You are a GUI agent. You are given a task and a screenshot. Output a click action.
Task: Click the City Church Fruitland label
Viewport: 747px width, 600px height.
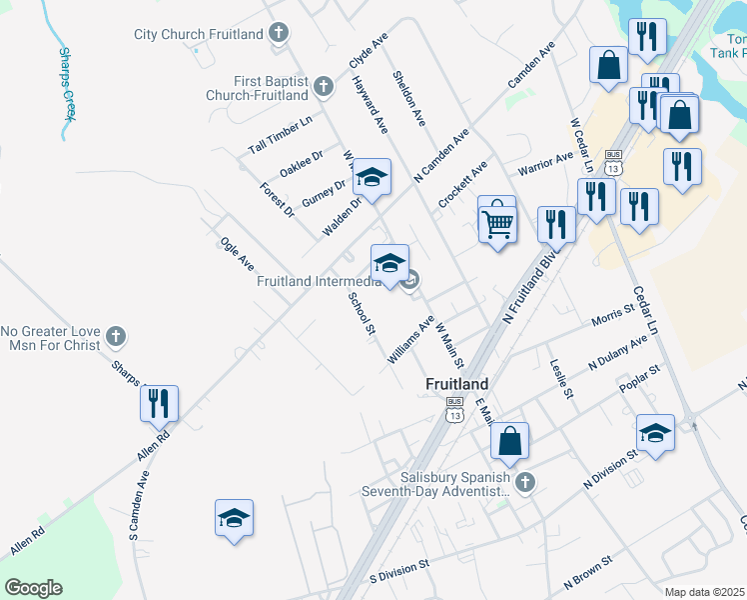coord(199,34)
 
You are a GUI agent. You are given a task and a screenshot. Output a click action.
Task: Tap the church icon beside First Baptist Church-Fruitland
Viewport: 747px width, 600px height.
coord(323,87)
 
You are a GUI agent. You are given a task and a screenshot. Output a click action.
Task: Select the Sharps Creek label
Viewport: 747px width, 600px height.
coord(67,83)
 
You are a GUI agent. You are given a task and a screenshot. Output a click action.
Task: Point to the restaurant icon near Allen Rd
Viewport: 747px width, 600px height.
coord(159,404)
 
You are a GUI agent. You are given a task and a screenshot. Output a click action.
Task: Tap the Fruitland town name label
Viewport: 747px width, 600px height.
coord(457,383)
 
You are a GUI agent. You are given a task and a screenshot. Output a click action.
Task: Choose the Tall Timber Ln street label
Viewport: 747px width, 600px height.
coord(281,134)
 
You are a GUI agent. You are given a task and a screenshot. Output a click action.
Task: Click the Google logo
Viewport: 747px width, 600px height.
coord(33,588)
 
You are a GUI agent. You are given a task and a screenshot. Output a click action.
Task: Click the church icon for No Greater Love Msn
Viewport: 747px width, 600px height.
coord(116,337)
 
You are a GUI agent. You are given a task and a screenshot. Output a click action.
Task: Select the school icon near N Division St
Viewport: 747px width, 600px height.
coord(655,433)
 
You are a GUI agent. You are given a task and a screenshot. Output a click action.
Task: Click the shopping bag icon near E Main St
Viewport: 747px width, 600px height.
coord(509,440)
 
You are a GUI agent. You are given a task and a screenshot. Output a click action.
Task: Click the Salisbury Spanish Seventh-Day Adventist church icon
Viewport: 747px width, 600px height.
coord(525,484)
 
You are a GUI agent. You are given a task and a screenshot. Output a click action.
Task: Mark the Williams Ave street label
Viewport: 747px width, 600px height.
coord(411,338)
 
